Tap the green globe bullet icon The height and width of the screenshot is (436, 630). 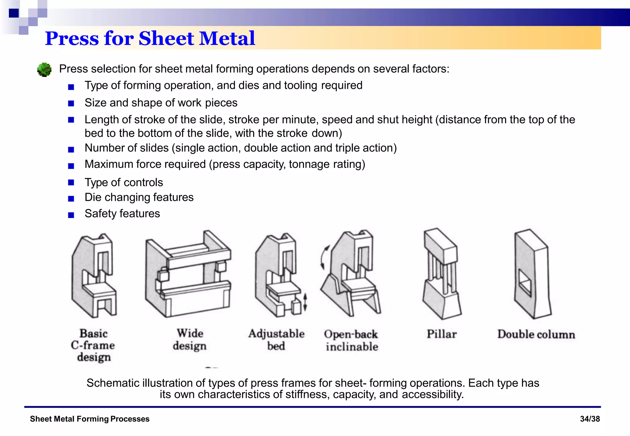[44, 69]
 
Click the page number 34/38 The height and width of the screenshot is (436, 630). [590, 419]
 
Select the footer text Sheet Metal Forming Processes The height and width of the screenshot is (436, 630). [90, 419]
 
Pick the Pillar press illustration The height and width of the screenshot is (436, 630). [441, 274]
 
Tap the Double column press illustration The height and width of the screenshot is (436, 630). [532, 274]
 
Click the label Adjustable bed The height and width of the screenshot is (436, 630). [276, 340]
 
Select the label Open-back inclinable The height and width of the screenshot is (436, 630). [351, 340]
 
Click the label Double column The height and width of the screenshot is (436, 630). [536, 334]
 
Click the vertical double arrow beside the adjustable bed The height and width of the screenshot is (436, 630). [305, 302]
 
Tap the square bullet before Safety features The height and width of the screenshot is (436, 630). [71, 215]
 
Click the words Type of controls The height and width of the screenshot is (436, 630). [124, 182]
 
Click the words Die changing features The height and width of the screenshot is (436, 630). [139, 197]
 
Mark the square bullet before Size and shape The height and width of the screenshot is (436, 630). [71, 103]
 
